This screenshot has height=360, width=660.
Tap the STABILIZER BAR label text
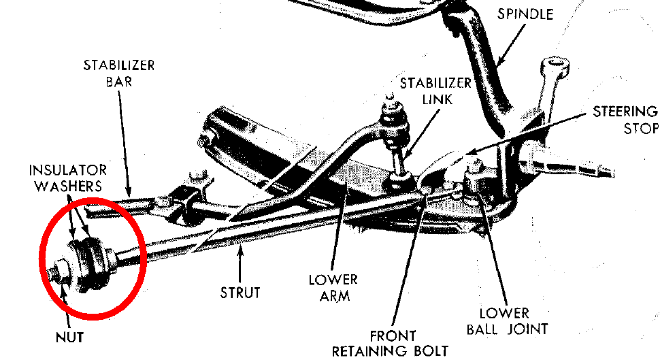tap(119, 74)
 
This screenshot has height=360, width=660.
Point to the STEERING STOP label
tap(625, 120)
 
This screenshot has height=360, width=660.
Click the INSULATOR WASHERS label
tap(68, 177)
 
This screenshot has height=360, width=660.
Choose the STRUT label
tap(240, 293)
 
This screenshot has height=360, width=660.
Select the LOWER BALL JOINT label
tap(504, 321)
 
